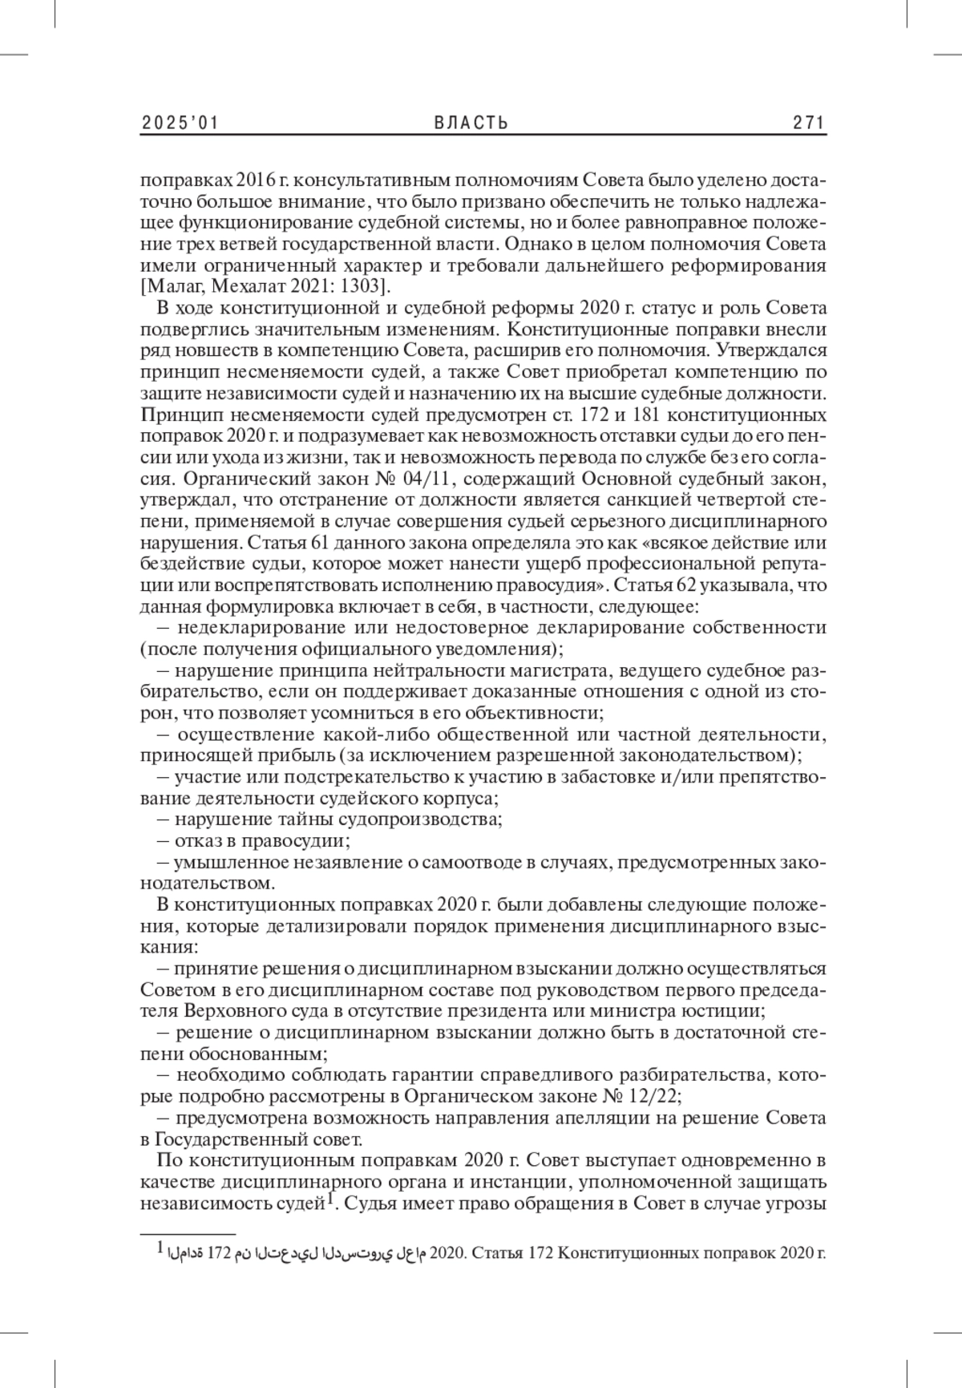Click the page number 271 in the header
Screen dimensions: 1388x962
[808, 123]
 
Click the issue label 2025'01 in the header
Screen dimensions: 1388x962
[180, 123]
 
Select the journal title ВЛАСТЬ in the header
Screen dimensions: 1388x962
[471, 123]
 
